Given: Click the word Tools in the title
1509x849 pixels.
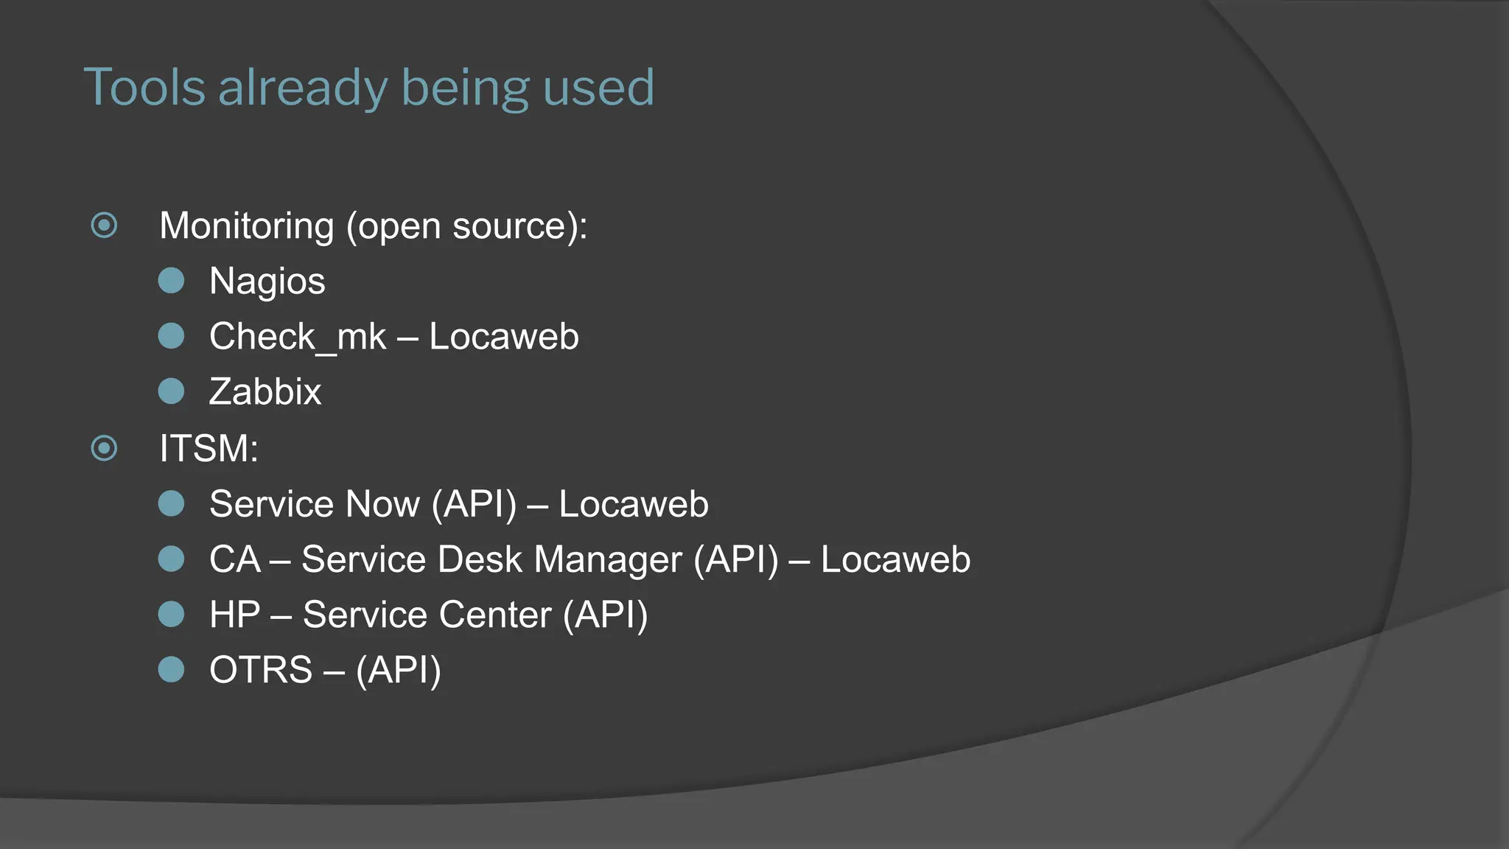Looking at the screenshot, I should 144,88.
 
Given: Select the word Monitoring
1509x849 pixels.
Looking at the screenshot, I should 247,226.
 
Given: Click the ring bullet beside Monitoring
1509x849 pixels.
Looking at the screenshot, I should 104,225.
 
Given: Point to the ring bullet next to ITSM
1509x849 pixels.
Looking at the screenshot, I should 104,447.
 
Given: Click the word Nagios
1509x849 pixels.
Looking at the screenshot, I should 267,282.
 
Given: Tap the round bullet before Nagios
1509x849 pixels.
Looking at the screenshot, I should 172,281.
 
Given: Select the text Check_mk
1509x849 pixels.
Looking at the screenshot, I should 298,337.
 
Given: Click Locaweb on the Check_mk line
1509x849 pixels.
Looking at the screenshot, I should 504,337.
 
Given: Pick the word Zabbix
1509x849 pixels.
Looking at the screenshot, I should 265,391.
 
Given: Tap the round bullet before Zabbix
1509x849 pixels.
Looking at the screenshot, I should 172,391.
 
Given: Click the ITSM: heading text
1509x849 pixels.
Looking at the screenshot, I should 209,448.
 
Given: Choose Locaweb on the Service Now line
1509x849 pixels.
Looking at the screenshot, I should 634,504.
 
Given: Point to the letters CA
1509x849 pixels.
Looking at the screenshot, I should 235,559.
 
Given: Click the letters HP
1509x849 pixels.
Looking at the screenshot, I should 235,615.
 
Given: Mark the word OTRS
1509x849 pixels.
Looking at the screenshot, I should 261,670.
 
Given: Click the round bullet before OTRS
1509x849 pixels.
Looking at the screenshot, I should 172,669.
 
